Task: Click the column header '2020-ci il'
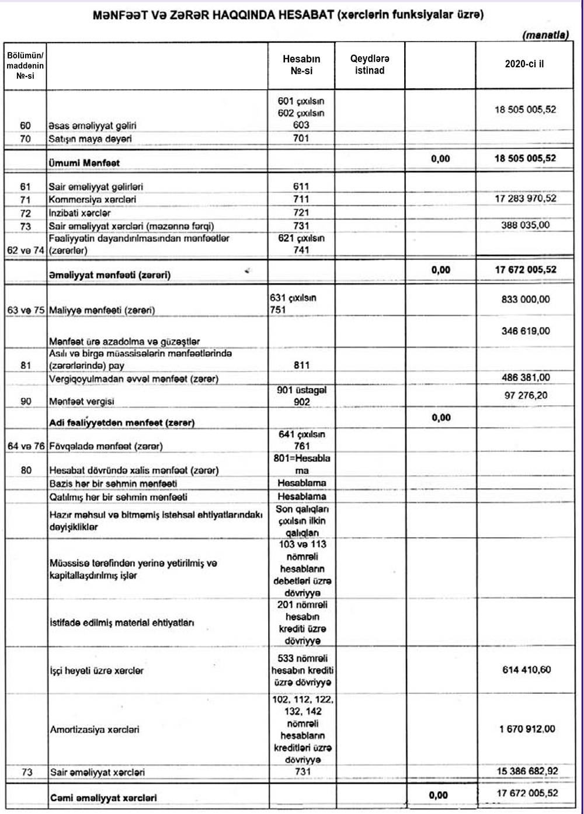(524, 64)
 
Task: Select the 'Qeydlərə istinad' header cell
(370, 64)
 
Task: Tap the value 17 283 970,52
(526, 199)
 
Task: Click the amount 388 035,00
(526, 225)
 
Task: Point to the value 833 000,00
(526, 299)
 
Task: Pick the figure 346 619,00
(526, 331)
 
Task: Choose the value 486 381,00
(526, 377)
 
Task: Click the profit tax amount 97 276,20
(526, 395)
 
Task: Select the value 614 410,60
(526, 670)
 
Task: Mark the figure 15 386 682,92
(526, 771)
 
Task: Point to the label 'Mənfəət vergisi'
(81, 401)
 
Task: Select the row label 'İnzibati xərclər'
(79, 213)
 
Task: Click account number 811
(301, 366)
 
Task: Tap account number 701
(301, 138)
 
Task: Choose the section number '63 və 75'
(26, 310)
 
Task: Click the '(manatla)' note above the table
(545, 36)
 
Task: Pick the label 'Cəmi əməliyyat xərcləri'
(103, 798)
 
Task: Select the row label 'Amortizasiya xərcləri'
(95, 729)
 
